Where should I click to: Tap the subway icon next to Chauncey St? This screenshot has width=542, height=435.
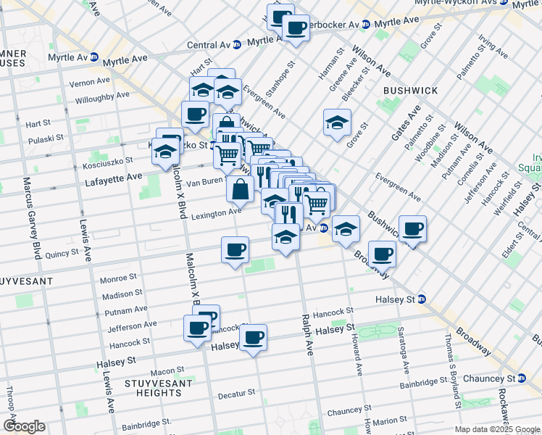point(522,378)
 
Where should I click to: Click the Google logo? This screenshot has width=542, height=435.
point(24,426)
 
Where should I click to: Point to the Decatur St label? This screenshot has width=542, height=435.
point(237,392)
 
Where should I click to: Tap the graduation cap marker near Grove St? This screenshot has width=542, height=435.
point(337,123)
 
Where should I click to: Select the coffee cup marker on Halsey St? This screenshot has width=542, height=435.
point(253,337)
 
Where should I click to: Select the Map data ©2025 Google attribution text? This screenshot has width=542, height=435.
point(497,429)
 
